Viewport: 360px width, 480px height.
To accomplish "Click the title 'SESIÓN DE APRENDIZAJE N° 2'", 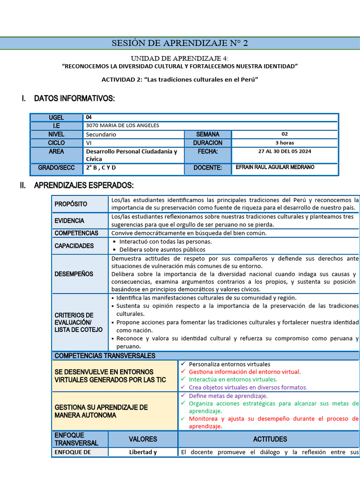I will pos(180,44).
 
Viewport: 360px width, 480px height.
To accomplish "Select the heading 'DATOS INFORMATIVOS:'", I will pos(74,98).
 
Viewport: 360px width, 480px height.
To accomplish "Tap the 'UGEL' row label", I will pos(56,118).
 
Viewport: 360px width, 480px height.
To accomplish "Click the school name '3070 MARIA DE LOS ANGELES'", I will pos(123,126).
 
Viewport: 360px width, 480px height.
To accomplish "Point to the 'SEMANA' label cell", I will pos(208,135).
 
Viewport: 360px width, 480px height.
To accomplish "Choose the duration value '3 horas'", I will pos(285,143).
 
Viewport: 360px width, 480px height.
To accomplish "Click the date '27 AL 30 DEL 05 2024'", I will pos(285,151).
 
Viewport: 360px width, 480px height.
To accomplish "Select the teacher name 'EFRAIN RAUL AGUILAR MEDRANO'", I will pos(275,167).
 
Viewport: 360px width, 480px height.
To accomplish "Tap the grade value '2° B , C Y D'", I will pos(101,168).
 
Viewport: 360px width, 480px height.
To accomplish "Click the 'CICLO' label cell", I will pos(56,143).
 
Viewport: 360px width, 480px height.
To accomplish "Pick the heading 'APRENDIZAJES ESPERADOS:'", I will pos(84,186).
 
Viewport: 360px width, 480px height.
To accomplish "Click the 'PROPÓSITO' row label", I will pos(71,204).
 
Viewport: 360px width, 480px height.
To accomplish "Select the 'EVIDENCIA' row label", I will pos(69,221).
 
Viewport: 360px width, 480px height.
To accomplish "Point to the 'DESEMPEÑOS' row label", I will pos(74,274).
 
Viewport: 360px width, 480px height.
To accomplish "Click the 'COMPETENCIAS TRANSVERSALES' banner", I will pos(105,356).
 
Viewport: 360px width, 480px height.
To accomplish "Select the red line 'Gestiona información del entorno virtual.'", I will pos(245,372).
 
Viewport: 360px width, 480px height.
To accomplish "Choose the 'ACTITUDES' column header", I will pos(270,439).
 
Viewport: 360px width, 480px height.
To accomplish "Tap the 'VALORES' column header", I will pos(143,439).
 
